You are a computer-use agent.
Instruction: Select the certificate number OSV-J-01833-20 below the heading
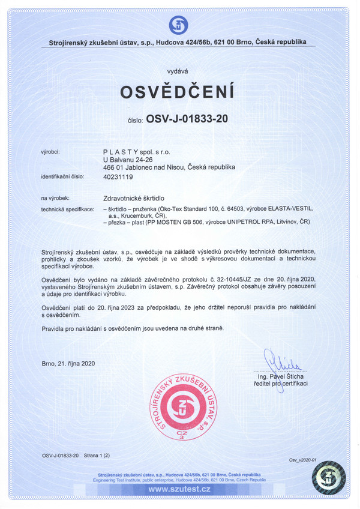coord(187,118)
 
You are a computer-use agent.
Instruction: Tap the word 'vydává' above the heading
coord(178,71)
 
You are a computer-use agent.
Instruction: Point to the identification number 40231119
coord(118,177)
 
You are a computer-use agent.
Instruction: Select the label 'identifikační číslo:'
coord(63,177)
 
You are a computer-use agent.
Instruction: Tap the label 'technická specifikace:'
coord(67,208)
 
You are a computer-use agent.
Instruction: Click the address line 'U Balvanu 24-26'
coord(128,160)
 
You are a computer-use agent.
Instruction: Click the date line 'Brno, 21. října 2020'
coord(68,363)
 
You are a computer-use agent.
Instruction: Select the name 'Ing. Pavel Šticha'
coord(281,376)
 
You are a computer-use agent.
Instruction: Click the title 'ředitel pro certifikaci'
coord(281,384)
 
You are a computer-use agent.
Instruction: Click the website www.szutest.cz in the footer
coord(179,490)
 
